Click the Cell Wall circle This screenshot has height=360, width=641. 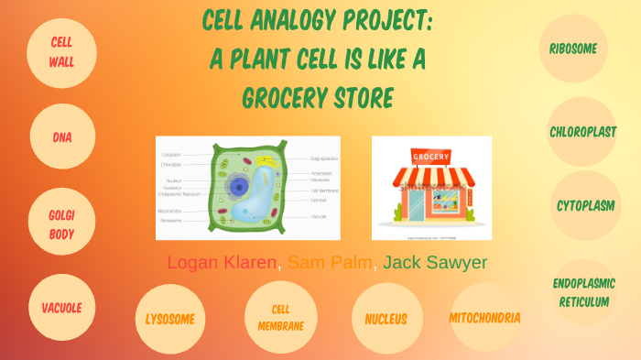(62, 53)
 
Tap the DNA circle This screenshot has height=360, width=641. (62, 138)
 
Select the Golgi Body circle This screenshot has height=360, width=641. (62, 223)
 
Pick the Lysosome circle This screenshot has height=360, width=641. (170, 319)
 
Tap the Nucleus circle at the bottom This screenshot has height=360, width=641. (386, 319)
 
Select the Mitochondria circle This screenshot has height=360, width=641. (484, 318)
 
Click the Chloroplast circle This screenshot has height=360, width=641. (582, 132)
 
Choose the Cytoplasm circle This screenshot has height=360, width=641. (585, 205)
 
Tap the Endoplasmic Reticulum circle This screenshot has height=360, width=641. (584, 292)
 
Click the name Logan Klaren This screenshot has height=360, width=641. (222, 263)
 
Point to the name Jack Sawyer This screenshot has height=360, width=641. (435, 263)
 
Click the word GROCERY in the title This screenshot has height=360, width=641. (266, 96)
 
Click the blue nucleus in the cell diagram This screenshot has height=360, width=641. (239, 188)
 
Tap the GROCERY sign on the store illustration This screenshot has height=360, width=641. (430, 157)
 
